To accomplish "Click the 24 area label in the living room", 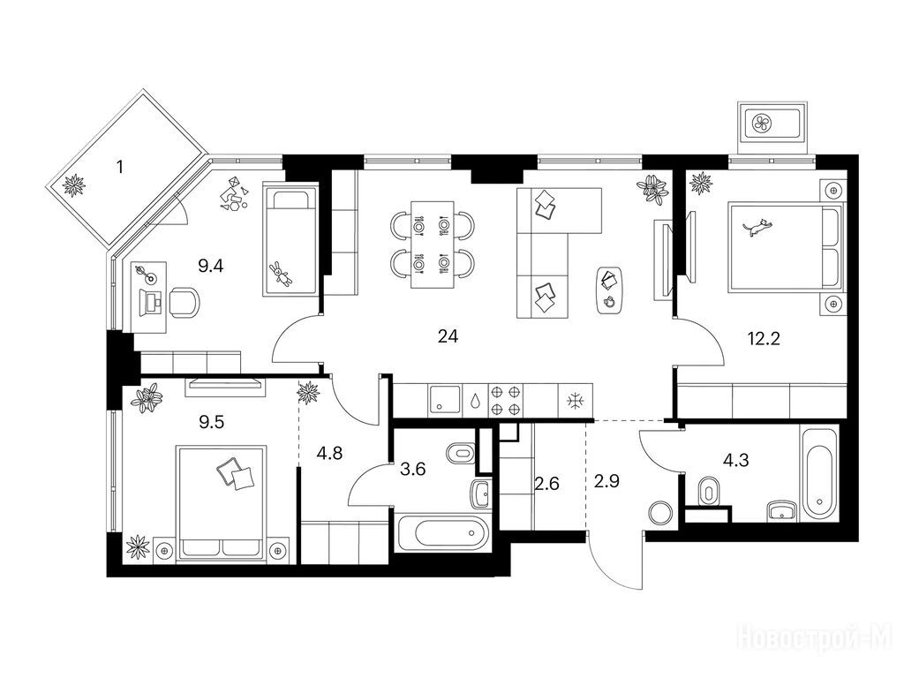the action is pos(448,336).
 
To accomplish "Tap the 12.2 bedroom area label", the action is pos(764,338).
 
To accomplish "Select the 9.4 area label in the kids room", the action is pos(210,267).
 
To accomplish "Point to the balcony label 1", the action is pos(119,168).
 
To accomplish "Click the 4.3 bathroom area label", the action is pos(735,461).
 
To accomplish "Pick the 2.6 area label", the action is pos(546,484).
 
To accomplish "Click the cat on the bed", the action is pos(757,227).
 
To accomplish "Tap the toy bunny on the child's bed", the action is pos(281,274).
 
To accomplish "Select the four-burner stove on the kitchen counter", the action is pos(505,401).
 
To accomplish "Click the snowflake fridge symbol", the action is pos(575,402).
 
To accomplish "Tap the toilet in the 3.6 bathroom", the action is pos(461,453).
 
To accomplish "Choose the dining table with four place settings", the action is pos(433,245).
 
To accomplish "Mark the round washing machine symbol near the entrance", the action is pos(660,513).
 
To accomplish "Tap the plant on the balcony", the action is pos(74,185).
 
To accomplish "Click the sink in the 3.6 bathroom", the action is pos(480,493).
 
